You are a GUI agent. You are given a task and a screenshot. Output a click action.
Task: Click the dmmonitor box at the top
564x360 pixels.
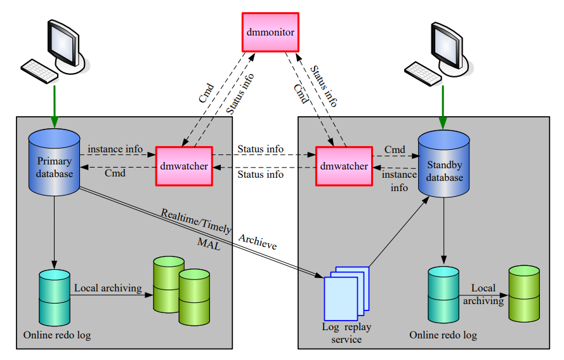(x=270, y=31)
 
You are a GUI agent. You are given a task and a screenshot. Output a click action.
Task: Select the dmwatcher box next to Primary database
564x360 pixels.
(x=183, y=166)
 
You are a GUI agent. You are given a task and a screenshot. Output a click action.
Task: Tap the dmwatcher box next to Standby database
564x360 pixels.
(x=343, y=166)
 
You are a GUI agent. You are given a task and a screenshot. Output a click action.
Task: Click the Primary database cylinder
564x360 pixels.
(x=54, y=162)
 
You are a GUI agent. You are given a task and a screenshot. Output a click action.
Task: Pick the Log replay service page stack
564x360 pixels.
(x=345, y=294)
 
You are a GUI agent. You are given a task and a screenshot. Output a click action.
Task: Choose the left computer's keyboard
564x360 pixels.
(x=39, y=69)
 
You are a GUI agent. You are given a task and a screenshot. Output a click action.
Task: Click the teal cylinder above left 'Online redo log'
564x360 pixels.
(x=54, y=297)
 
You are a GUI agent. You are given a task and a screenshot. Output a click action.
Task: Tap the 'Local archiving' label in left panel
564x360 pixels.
(x=108, y=288)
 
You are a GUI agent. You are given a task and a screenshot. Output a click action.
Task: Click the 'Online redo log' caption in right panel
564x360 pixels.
(x=443, y=335)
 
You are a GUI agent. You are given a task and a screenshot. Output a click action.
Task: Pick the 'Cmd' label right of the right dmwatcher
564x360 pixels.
(x=395, y=150)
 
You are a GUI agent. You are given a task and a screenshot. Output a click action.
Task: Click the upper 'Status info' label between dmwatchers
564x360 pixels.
(x=260, y=149)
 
